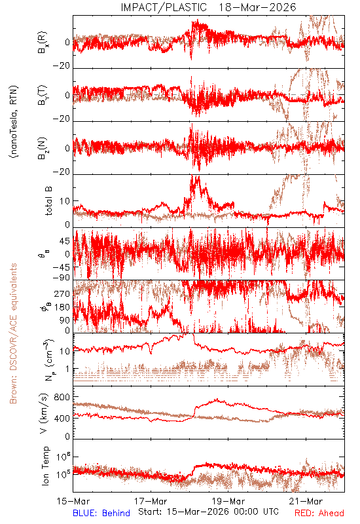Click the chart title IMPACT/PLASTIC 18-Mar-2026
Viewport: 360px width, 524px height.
coord(208,7)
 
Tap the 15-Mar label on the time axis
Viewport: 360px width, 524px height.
coord(73,501)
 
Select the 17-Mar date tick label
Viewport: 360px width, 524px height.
coord(151,501)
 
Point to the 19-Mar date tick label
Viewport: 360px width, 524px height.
coord(228,501)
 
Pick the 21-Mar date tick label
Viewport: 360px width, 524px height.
coord(306,501)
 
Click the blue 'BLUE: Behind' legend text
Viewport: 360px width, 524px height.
coord(101,513)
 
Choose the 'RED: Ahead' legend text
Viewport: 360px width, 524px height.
coord(319,513)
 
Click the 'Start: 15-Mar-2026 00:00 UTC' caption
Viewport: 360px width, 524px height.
coord(208,512)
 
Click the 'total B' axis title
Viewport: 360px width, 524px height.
coord(48,201)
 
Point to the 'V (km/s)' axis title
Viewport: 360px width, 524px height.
coord(44,413)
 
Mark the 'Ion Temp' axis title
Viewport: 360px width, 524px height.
coord(45,466)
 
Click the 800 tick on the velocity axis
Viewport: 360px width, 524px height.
coord(62,398)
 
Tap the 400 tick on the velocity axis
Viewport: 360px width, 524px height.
coord(62,418)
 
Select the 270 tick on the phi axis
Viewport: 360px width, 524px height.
coord(62,294)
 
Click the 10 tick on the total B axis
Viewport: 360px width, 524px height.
coord(65,201)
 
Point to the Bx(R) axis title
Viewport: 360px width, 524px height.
coord(43,43)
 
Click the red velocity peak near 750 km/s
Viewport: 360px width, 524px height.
coord(217,400)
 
